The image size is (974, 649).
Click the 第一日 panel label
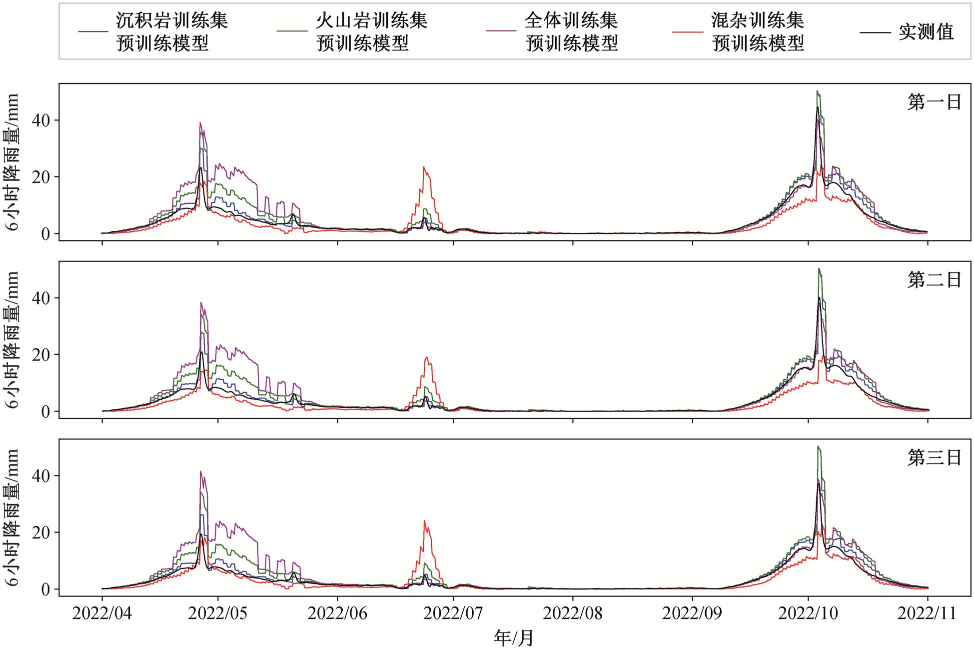point(934,102)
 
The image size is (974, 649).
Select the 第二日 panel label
point(934,280)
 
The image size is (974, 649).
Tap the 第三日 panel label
point(934,458)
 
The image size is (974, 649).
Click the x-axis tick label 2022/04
point(102,613)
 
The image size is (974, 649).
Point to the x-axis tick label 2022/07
point(453,613)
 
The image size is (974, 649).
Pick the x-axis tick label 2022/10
point(808,613)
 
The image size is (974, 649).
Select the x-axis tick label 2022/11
point(928,613)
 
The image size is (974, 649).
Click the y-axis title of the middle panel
point(12,339)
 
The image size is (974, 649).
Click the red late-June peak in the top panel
point(424,167)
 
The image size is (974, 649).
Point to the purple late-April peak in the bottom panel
point(200,471)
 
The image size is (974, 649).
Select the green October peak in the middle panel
point(818,269)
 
